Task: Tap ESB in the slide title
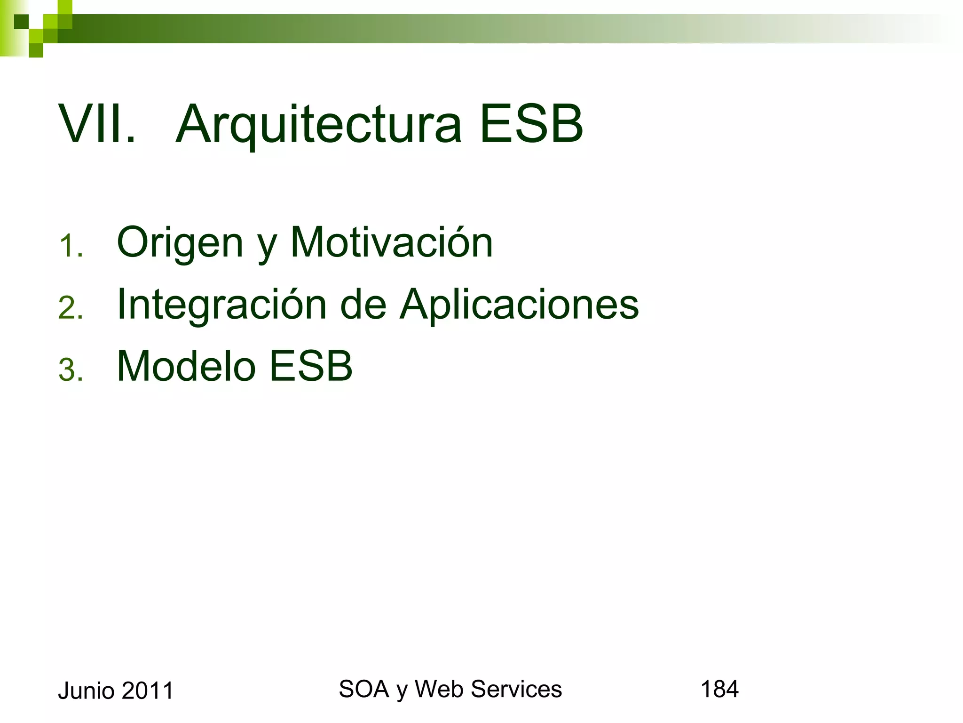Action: pyautogui.click(x=531, y=124)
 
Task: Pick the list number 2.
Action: pyautogui.click(x=71, y=309)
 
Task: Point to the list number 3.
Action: pyautogui.click(x=71, y=370)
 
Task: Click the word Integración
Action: pyautogui.click(x=221, y=305)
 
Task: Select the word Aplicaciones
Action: pyautogui.click(x=519, y=305)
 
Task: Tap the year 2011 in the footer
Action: pyautogui.click(x=147, y=691)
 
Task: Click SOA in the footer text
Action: pyautogui.click(x=363, y=689)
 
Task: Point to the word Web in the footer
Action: pyautogui.click(x=440, y=689)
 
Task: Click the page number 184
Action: pyautogui.click(x=719, y=689)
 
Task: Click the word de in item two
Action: pyautogui.click(x=363, y=305)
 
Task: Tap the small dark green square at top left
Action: pyautogui.click(x=21, y=22)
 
